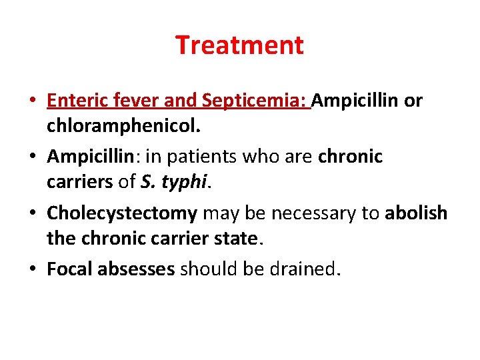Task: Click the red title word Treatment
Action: click(239, 45)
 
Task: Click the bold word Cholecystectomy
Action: click(122, 213)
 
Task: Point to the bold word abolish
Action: click(416, 213)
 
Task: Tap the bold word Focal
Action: click(69, 269)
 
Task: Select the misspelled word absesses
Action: click(136, 269)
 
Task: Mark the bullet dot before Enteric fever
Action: click(33, 102)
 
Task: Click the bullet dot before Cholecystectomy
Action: click(33, 214)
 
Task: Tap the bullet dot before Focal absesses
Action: click(33, 270)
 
